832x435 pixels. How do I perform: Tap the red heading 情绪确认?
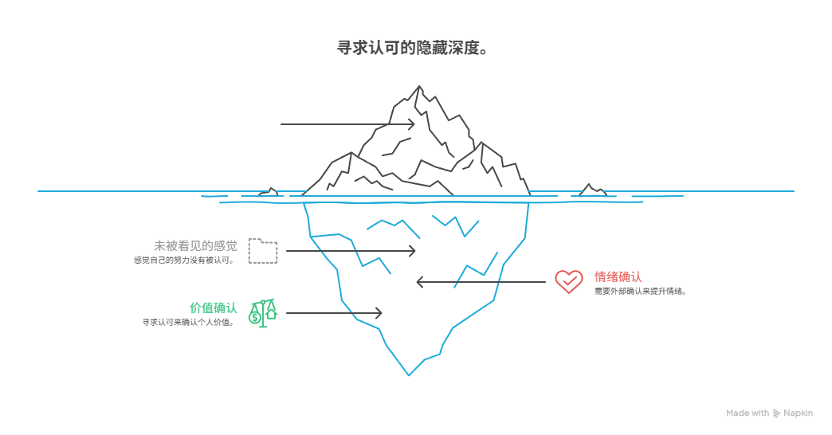[618, 277]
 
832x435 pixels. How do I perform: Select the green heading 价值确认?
[213, 308]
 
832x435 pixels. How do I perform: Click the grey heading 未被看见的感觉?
[195, 246]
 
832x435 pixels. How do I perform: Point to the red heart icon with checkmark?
[568, 281]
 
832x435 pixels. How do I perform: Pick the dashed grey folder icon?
[263, 251]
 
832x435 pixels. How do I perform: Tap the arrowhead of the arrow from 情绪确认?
[418, 282]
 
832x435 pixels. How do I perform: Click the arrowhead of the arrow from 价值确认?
[380, 313]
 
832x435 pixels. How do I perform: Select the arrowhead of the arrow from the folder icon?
[414, 251]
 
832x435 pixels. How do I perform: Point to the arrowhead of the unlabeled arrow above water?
[413, 124]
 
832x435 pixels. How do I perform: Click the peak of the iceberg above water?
[415, 87]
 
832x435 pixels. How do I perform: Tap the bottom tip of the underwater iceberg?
[409, 374]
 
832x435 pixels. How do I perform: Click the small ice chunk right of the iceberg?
[591, 190]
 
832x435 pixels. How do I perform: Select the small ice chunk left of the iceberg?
[272, 192]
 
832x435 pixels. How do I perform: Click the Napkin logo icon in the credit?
[777, 413]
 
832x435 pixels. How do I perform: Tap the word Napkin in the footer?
[799, 413]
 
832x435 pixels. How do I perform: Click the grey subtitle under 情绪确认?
[639, 292]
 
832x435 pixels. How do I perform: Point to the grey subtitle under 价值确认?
[188, 323]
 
